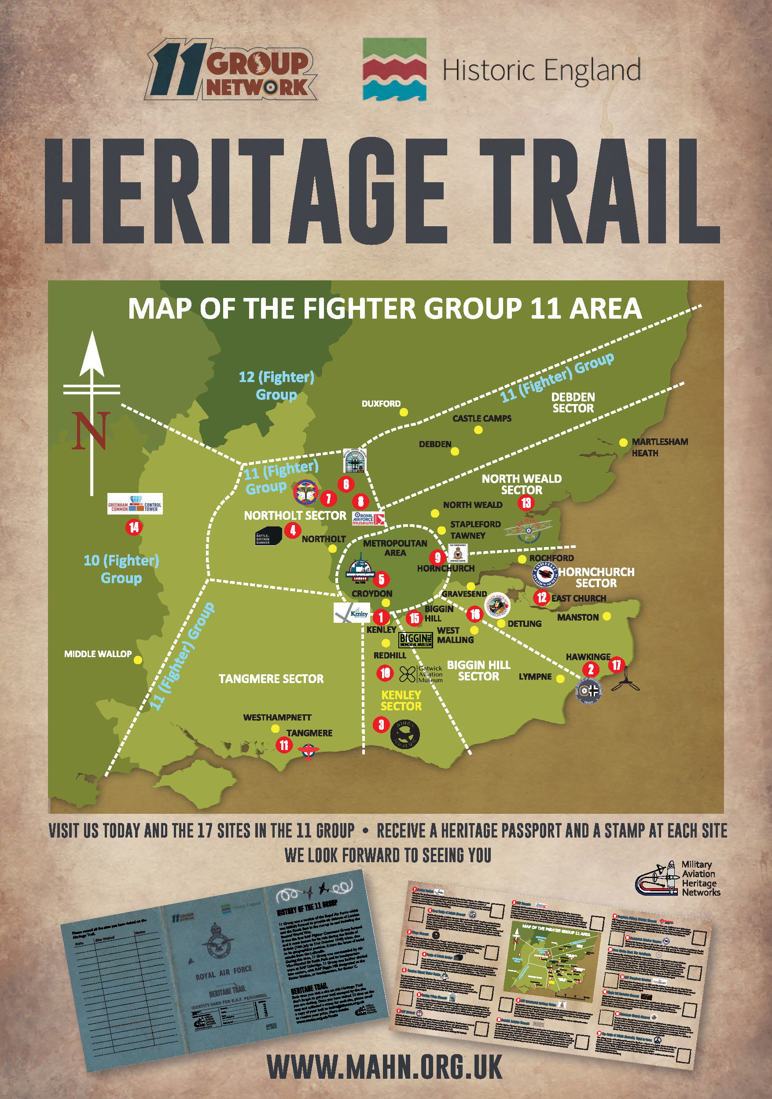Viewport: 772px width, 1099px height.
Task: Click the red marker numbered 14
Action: [x=133, y=527]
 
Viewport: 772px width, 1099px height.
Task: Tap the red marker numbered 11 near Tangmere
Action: [x=284, y=745]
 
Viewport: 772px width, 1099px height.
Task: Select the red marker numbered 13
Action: [x=526, y=503]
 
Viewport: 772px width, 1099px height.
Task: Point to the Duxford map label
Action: [x=381, y=404]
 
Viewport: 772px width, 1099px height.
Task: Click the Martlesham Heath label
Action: [x=659, y=447]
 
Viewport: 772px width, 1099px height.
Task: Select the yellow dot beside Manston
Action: [x=607, y=617]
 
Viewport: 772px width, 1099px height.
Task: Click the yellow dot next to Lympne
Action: [x=560, y=679]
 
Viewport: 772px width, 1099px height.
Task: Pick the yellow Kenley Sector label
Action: [x=401, y=700]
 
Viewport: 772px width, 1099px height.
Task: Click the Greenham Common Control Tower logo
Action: [x=136, y=504]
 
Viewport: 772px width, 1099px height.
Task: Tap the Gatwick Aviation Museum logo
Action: [x=421, y=674]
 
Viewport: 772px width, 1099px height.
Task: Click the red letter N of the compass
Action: [x=89, y=430]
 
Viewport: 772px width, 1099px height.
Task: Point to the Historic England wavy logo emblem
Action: [x=394, y=70]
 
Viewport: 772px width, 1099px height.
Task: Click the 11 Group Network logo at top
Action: [x=234, y=70]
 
